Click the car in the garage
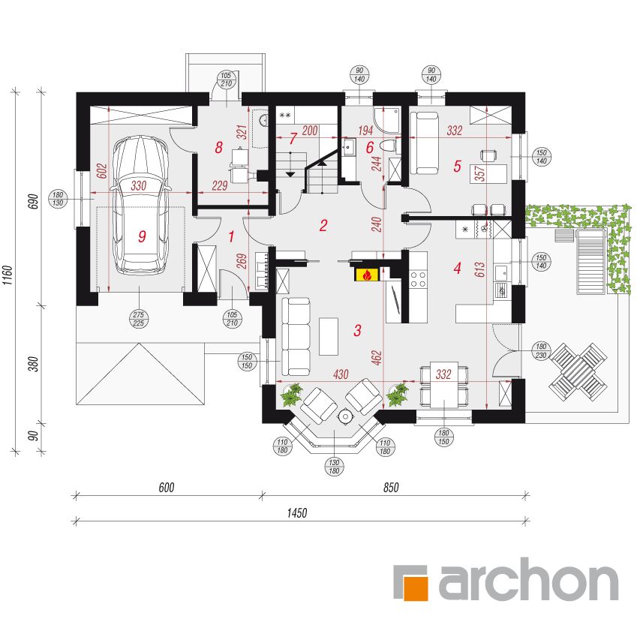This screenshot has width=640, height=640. [x=141, y=206]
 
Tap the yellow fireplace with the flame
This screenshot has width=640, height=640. [x=368, y=275]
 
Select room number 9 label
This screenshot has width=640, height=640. [x=142, y=236]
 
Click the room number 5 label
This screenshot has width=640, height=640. [x=457, y=166]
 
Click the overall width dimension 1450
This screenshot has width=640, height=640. [x=296, y=512]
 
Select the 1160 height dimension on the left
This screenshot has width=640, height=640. [x=8, y=275]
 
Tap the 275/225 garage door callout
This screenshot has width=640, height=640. [x=139, y=319]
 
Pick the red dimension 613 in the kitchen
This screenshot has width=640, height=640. [x=479, y=269]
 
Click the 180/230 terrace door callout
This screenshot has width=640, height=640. [x=541, y=351]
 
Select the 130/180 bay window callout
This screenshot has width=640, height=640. [x=334, y=467]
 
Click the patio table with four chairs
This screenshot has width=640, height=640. [x=578, y=372]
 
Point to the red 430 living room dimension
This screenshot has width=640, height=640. [x=341, y=374]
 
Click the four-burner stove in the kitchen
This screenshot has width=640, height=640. [x=418, y=279]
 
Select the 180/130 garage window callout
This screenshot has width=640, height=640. [x=58, y=199]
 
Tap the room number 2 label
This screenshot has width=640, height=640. [x=323, y=225]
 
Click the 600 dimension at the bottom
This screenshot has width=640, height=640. [x=167, y=488]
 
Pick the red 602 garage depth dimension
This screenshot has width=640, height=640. [x=103, y=171]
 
